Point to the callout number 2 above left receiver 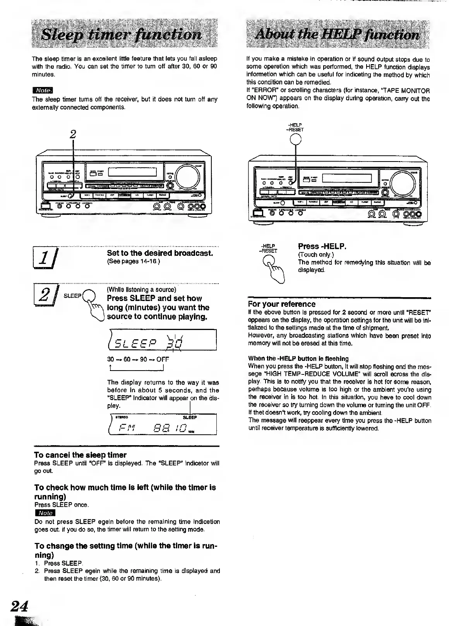coord(72,134)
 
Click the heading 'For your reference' coord(281,304)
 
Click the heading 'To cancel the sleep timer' coord(80,455)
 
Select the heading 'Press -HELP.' coord(322,246)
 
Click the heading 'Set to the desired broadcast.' coord(160,253)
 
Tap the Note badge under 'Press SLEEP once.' coord(45,513)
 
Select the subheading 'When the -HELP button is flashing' coord(298,358)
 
